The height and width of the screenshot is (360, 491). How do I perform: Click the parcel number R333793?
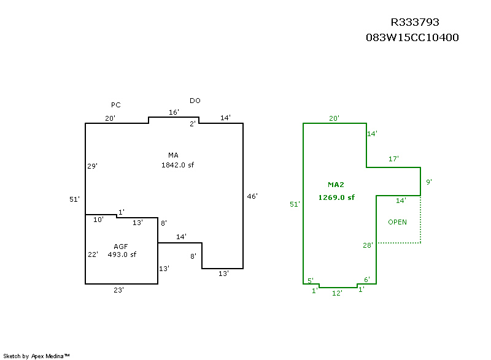click(415, 22)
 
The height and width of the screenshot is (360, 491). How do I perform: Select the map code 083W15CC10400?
click(412, 37)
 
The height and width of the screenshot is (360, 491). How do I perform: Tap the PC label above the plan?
click(116, 105)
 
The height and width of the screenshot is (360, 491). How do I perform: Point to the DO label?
click(195, 101)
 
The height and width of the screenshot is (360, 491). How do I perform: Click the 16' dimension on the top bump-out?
click(174, 112)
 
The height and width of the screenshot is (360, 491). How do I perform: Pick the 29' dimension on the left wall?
click(93, 166)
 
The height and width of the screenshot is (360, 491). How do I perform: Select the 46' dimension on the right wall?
click(252, 196)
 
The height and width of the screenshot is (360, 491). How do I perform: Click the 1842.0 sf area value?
click(177, 165)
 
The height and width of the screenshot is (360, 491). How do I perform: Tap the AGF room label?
click(120, 247)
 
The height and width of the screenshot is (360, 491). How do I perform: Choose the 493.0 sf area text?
click(122, 255)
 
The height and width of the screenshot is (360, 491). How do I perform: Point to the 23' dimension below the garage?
click(118, 290)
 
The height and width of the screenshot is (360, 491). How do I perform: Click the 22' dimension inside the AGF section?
click(93, 255)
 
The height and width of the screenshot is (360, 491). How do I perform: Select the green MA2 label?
click(336, 185)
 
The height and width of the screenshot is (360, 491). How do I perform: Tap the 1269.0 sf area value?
click(336, 197)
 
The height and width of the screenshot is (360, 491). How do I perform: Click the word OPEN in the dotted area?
click(397, 222)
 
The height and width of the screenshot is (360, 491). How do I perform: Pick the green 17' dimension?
click(393, 159)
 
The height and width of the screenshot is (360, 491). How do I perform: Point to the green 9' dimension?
click(429, 182)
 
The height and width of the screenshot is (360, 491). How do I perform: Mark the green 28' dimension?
click(368, 245)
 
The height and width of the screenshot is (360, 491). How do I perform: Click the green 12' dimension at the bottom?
click(337, 293)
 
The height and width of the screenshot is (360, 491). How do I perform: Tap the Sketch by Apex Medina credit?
click(37, 356)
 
